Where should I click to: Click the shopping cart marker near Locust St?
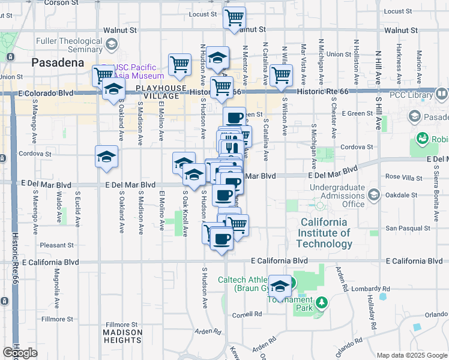tap(234, 17)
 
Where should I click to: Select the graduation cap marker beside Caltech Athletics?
tap(279, 286)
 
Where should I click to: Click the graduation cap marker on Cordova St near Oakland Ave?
tap(106, 157)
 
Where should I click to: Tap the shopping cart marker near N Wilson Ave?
tap(281, 76)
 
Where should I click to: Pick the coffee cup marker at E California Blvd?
tap(221, 239)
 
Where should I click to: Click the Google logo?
tap(20, 353)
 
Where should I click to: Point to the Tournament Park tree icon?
tap(322, 302)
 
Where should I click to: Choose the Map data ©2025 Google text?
tap(412, 355)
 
